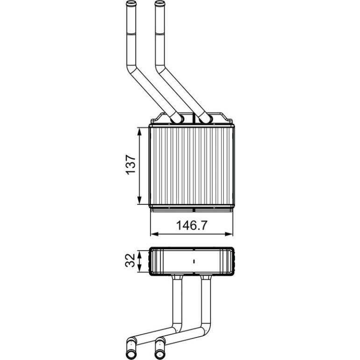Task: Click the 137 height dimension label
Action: (131, 165)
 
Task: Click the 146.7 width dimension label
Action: (192, 225)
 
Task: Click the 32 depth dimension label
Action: (130, 260)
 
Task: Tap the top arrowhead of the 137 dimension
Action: (139, 131)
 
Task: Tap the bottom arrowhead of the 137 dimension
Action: (139, 200)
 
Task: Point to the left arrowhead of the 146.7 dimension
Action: (154, 234)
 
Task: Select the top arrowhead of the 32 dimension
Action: (139, 254)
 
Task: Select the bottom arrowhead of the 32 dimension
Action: (139, 268)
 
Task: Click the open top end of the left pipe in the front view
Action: (131, 3)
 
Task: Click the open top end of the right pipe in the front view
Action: (160, 3)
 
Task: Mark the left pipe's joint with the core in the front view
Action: (177, 118)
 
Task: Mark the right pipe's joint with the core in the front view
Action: (206, 118)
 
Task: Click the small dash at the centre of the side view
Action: (194, 261)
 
